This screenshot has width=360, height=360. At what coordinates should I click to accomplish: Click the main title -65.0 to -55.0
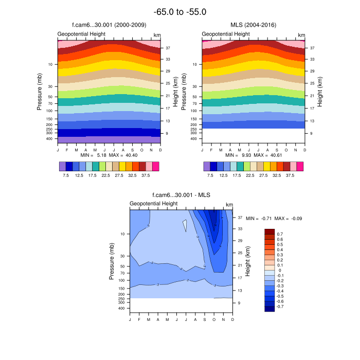coord(180,12)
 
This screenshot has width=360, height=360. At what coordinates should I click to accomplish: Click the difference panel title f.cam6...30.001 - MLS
coord(181,195)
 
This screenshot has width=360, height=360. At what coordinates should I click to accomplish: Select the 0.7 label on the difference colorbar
coord(280,233)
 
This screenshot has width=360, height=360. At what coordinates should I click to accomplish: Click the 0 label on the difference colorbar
coord(279,270)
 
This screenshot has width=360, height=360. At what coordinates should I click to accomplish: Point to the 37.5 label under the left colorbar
coord(146,175)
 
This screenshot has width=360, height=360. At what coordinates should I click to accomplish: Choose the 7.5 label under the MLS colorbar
coord(210,175)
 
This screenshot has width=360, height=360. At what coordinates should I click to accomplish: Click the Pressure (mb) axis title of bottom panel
coord(111,261)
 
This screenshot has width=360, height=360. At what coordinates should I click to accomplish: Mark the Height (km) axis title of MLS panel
coord(320,92)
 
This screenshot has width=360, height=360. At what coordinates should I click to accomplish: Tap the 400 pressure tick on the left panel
coord(50,139)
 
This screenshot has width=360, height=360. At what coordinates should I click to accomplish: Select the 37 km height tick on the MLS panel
coord(312,48)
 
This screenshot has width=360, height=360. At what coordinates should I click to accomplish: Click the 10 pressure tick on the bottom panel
coord(122,234)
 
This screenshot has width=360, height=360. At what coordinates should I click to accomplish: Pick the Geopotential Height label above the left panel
coord(81,34)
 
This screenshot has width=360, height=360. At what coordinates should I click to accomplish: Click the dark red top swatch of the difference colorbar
coord(269,231)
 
